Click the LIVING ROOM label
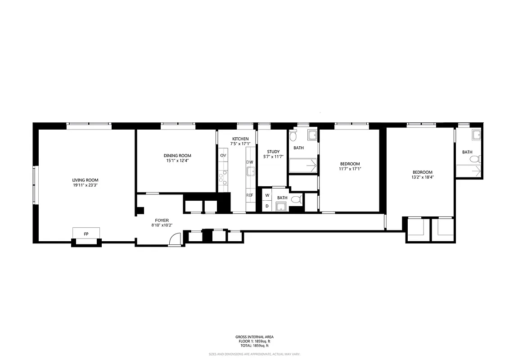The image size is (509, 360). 86,180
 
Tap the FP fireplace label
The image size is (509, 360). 86,234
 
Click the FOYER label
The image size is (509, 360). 162,220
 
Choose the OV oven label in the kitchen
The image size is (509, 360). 223,155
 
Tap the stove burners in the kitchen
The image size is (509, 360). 223,179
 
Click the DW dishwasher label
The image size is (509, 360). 250,162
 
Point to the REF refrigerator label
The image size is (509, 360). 250,195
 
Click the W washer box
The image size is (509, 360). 267,195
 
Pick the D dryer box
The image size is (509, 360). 267,206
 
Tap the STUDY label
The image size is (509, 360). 273,152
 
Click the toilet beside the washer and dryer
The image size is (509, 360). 296,199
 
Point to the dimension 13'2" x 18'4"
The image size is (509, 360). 423,177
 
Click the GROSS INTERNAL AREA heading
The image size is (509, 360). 254,337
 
